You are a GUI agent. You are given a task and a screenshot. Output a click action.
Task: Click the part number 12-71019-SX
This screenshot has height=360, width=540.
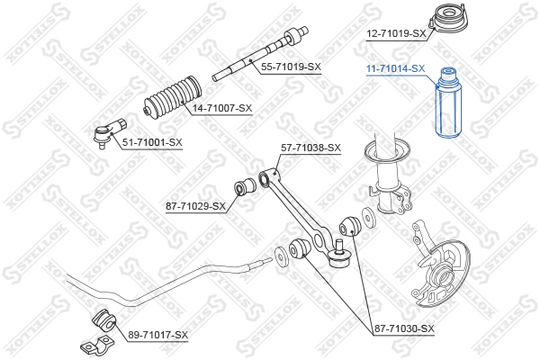point(396,34)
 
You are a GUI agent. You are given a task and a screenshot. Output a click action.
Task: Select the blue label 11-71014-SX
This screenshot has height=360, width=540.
point(396,69)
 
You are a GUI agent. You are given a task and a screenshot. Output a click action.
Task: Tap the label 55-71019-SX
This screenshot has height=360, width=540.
point(291,67)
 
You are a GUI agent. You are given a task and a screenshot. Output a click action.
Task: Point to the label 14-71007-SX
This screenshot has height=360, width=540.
point(222,108)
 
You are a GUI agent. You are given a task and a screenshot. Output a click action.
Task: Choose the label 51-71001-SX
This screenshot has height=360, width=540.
point(152,142)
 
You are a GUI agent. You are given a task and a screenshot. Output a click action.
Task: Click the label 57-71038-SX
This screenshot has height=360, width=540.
point(311,148)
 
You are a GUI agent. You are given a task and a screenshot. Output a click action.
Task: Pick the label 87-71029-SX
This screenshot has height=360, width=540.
point(195,206)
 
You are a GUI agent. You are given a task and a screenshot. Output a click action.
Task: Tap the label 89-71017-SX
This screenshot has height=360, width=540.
point(158,335)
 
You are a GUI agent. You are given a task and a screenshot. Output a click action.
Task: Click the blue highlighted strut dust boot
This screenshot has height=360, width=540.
point(449,103)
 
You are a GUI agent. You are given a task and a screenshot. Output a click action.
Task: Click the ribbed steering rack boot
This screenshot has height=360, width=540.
point(173,96)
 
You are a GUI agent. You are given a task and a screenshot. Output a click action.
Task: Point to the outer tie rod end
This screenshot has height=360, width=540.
point(110,132)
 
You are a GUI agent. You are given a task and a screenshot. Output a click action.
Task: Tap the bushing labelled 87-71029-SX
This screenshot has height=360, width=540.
point(245,186)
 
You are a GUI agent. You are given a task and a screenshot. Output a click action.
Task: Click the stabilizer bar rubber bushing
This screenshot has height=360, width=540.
point(104,321)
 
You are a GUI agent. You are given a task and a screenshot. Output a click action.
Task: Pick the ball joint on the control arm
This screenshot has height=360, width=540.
point(339,256)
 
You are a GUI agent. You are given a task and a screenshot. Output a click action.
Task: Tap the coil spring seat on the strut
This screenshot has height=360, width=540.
point(387,151)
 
